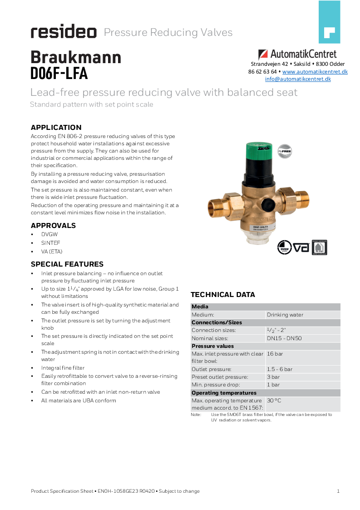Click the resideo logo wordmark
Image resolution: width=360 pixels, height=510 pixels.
point(64,32)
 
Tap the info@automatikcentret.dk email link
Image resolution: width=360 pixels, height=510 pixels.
point(298,79)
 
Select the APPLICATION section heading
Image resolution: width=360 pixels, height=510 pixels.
point(56,128)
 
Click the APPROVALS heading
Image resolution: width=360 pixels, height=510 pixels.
point(53,226)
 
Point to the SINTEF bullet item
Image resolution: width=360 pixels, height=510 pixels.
point(50,243)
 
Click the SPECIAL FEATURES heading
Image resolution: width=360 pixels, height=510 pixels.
point(67,264)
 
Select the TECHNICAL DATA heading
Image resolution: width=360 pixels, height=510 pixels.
point(222,295)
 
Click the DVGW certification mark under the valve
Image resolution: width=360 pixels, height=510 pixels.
point(284,247)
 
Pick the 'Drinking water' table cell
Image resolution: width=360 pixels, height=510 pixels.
point(285,315)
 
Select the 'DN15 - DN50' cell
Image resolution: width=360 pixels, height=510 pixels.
point(284,338)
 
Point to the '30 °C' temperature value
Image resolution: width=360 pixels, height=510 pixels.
point(274,401)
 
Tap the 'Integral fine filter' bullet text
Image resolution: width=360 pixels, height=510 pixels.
point(63,368)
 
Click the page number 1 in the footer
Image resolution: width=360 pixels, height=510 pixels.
point(338,491)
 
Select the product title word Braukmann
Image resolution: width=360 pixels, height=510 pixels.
point(76,57)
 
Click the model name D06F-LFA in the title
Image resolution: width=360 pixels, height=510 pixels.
point(59,73)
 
